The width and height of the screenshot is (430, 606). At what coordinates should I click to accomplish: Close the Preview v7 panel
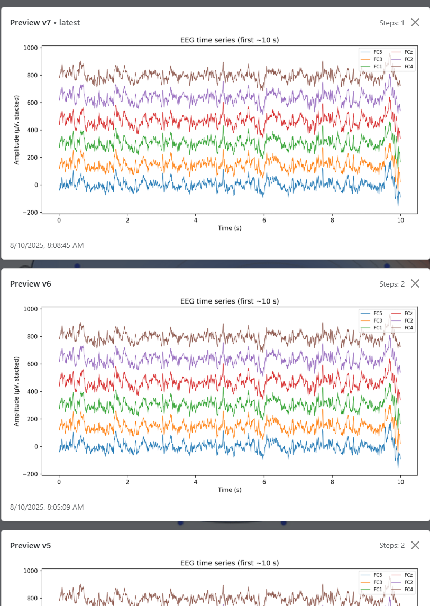coord(415,22)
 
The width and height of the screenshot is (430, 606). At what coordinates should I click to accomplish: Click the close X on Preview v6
coord(415,283)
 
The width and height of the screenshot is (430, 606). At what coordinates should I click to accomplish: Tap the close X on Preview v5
coord(415,545)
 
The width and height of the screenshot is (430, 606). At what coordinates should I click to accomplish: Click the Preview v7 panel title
coord(32,22)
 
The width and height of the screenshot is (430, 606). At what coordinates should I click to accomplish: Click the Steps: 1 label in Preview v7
coord(391,23)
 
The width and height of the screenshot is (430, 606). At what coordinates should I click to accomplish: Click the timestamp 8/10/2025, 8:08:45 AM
coord(47,245)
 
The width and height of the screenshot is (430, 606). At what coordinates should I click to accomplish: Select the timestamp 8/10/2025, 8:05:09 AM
coord(47,507)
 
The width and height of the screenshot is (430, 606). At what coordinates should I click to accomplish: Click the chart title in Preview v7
coord(230,40)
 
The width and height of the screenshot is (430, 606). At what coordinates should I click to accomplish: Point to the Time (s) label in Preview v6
coord(230,490)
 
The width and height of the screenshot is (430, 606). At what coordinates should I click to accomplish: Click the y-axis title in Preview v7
coord(16,130)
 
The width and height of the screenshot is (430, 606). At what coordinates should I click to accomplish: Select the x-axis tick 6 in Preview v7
coord(264,220)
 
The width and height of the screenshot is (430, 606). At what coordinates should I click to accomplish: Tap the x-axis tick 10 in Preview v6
coord(400,482)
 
